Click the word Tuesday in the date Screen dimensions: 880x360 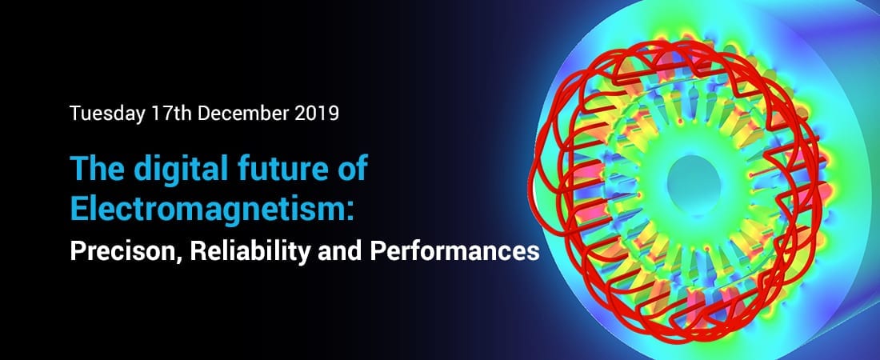[x=107, y=114]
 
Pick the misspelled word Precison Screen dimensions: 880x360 [x=124, y=251]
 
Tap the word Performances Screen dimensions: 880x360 [x=454, y=251]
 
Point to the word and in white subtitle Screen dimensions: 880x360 [x=340, y=251]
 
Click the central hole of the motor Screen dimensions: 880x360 [x=694, y=182]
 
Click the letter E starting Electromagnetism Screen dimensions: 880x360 [x=78, y=208]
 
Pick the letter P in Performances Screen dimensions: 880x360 [x=377, y=251]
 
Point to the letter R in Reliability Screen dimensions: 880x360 [x=198, y=251]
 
